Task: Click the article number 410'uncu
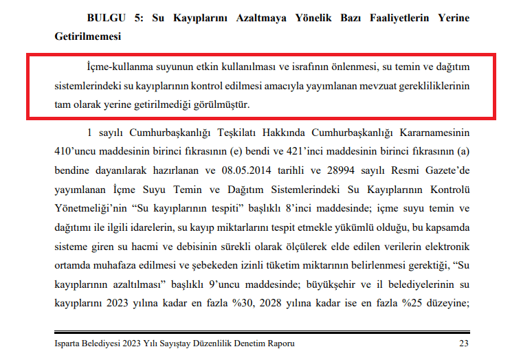77,150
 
